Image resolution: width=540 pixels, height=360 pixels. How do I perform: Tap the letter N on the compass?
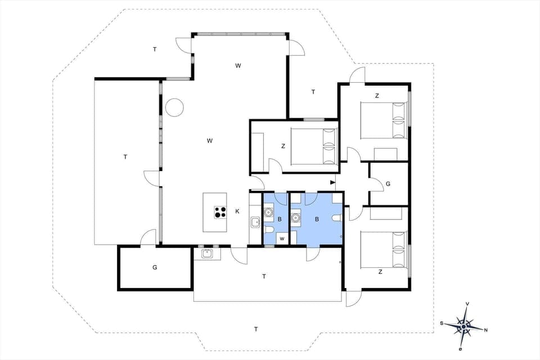click(485, 330)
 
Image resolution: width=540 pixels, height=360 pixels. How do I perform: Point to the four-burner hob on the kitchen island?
click(220, 212)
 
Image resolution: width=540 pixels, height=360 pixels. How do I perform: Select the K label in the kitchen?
click(237, 211)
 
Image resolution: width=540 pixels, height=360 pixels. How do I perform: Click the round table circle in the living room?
click(174, 107)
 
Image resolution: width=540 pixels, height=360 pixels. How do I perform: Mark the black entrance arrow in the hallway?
click(332, 182)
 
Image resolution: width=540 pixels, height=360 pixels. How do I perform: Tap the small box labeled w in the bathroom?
click(282, 238)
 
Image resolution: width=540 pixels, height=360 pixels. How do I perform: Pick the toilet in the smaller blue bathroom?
click(269, 231)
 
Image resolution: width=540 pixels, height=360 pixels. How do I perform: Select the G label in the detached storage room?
click(155, 267)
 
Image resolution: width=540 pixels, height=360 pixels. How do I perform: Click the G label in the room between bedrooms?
click(388, 184)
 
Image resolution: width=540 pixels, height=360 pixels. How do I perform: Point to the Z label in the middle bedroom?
click(283, 146)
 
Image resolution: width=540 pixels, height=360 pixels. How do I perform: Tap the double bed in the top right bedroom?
click(383, 120)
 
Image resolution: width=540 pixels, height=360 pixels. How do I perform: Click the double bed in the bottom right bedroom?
click(383, 249)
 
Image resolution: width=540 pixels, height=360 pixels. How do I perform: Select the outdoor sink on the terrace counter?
click(206, 253)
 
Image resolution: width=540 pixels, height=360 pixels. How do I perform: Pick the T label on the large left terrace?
click(125, 157)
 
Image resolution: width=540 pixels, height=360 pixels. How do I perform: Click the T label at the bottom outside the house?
click(255, 329)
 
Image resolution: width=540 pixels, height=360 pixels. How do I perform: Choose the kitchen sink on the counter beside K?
click(255, 222)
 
